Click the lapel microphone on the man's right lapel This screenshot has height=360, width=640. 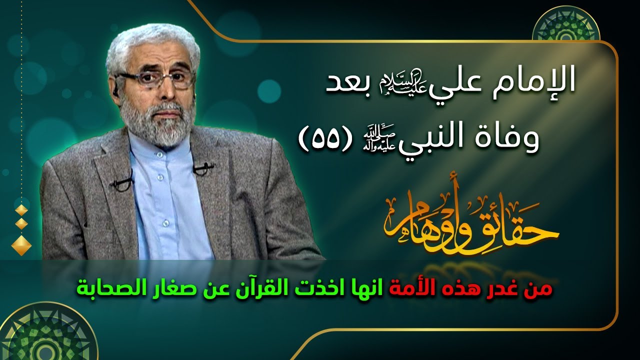click(x=122, y=181)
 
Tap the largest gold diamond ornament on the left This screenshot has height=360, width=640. click(x=21, y=244)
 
